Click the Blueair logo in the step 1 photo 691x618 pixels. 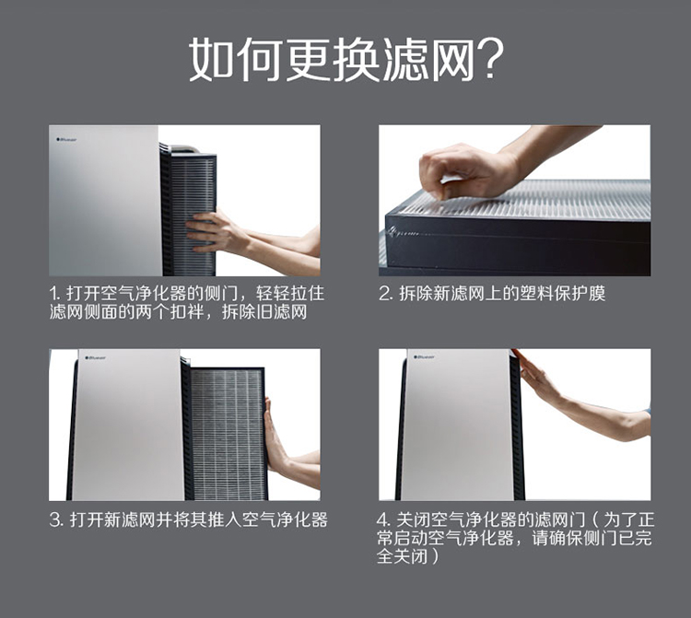tap(66, 140)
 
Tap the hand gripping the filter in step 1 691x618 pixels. tap(215, 231)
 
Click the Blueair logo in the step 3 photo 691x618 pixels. tap(95, 357)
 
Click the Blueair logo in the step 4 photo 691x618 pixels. tap(424, 356)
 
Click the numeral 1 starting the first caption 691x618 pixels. tap(53, 294)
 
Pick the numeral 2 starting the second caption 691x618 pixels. tap(385, 294)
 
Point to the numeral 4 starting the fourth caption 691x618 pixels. tap(383, 520)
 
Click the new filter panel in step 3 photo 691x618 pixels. tap(228, 434)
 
